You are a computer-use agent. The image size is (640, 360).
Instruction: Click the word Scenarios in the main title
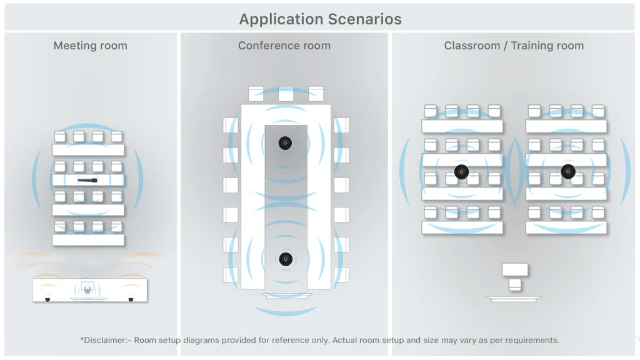pyautogui.click(x=364, y=19)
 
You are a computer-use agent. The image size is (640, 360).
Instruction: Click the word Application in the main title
pyautogui.click(x=281, y=20)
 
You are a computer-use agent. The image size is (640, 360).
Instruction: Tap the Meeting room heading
pyautogui.click(x=90, y=46)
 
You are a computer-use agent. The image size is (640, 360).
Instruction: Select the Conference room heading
pyautogui.click(x=284, y=46)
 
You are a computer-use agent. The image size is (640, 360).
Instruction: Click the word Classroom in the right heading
pyautogui.click(x=472, y=46)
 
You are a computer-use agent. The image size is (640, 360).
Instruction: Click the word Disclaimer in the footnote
pyautogui.click(x=105, y=340)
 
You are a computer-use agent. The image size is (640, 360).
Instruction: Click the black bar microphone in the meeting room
pyautogui.click(x=87, y=180)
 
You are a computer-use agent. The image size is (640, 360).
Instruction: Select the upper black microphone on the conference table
pyautogui.click(x=285, y=143)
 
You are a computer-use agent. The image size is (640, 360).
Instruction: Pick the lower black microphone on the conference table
pyautogui.click(x=286, y=259)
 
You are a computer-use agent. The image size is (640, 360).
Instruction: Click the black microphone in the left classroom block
pyautogui.click(x=461, y=172)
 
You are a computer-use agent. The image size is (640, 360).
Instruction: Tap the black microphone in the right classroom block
pyautogui.click(x=568, y=171)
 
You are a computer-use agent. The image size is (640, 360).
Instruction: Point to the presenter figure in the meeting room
pyautogui.click(x=87, y=289)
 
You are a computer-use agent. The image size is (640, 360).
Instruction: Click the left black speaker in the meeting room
pyautogui.click(x=47, y=299)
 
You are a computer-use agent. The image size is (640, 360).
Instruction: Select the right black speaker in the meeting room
pyautogui.click(x=131, y=299)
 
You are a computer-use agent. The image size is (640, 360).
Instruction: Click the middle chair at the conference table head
pyautogui.click(x=286, y=94)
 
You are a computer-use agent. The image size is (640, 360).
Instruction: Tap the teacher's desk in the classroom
pyautogui.click(x=515, y=269)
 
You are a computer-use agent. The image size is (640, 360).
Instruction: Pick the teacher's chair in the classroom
pyautogui.click(x=515, y=284)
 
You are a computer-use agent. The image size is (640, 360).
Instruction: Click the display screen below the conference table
pyautogui.click(x=286, y=296)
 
